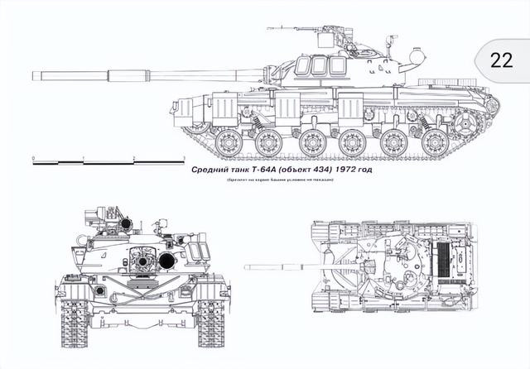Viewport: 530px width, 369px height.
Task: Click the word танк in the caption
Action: click(238, 170)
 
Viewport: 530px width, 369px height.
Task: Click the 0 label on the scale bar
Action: click(32, 156)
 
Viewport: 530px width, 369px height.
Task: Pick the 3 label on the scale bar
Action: click(182, 156)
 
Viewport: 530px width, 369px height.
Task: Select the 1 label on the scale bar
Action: click(83, 156)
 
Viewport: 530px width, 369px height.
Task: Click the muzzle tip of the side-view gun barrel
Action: click(34, 75)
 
